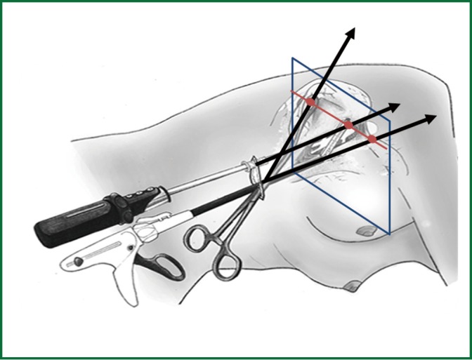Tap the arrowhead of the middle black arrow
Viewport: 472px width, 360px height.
[394, 107]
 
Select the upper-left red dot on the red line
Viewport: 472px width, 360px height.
[310, 103]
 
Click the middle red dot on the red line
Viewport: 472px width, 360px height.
[347, 125]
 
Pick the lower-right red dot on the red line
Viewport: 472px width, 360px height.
[372, 139]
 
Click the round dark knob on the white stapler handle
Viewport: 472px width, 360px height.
[77, 261]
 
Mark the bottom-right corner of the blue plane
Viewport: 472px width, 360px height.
[388, 234]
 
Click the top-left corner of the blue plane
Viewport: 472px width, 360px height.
[292, 58]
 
